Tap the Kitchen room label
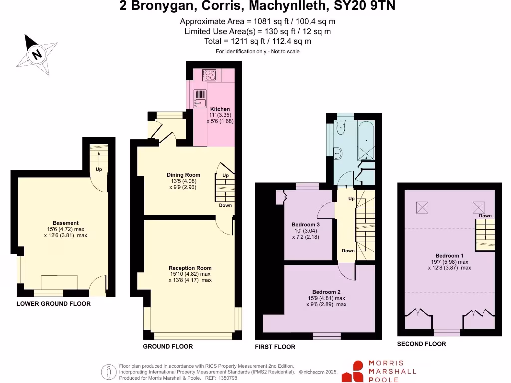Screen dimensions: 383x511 click(220, 109)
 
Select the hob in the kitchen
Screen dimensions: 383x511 click(209, 75)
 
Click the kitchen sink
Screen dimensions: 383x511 click(201, 98)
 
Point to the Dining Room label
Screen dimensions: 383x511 click(183, 175)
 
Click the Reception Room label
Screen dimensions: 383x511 click(190, 268)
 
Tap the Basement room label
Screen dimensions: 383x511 click(66, 223)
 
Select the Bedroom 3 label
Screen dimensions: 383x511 click(305, 225)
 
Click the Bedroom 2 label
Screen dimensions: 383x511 click(326, 292)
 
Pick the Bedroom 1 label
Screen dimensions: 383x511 click(449, 256)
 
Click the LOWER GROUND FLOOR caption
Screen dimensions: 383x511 click(54, 304)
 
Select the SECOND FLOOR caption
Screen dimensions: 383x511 click(421, 344)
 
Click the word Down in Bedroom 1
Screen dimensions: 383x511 click(485, 216)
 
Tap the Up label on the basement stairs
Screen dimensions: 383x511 click(99, 169)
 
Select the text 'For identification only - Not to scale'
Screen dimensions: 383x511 click(257, 52)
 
